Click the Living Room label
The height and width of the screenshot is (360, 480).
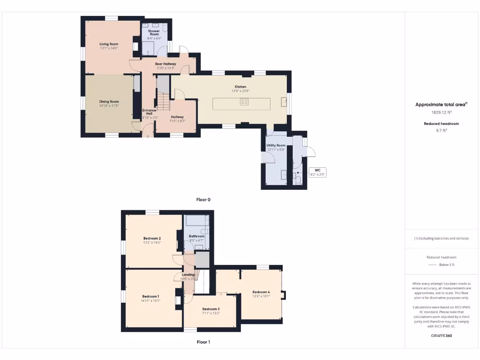click(109, 44)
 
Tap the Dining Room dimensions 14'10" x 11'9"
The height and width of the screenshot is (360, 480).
click(109, 106)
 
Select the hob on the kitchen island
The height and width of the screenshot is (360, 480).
click(244, 102)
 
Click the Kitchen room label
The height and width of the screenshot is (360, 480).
click(240, 87)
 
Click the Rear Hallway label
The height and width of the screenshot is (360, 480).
click(165, 64)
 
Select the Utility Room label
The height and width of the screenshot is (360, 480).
click(276, 145)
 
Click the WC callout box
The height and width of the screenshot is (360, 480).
click(317, 172)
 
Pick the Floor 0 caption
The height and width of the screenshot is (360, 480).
click(203, 199)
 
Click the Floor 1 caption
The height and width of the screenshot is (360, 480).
click(203, 342)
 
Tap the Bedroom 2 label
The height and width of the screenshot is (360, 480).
click(152, 238)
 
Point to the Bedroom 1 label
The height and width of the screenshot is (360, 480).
click(150, 296)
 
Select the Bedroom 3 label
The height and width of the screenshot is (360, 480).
click(211, 309)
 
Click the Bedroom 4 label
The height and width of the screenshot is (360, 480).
click(261, 292)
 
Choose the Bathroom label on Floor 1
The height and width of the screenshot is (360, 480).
click(196, 236)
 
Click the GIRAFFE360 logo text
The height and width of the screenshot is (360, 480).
click(442, 336)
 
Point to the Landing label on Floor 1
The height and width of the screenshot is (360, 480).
click(188, 275)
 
